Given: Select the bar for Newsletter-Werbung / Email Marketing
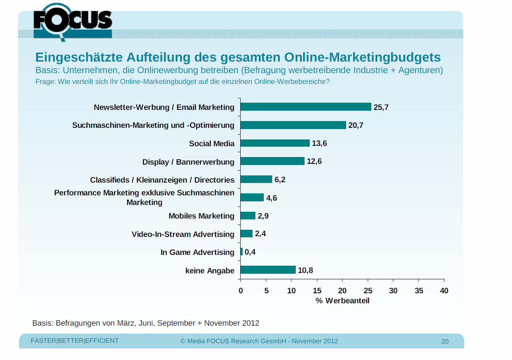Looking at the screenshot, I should coord(306,107).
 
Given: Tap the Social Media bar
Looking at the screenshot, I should coord(275,143).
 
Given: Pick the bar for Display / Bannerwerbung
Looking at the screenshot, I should coord(273,161).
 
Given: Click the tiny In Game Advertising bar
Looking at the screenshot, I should coord(241,252).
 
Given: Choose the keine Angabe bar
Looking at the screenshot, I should coord(268,270).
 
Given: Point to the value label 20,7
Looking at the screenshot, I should coord(356,125).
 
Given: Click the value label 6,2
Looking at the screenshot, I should coord(280,179).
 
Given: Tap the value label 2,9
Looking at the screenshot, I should coord(263,216).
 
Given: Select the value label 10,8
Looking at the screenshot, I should coord(305,270).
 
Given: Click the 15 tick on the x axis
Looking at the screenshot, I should coord(317,290).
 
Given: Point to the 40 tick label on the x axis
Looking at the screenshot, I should coord(444,290).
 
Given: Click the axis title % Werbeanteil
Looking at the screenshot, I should coord(343,300).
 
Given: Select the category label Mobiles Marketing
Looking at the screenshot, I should coord(201,216).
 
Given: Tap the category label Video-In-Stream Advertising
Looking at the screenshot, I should coord(183,234).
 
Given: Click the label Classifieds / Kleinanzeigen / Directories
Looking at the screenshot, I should coord(162,180).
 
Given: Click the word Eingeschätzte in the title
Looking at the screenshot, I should coord(79,57).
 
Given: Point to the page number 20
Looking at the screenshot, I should coord(445,341).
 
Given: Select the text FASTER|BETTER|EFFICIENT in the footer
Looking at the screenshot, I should coord(75,341).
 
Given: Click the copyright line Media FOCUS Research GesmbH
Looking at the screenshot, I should coord(259,341).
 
